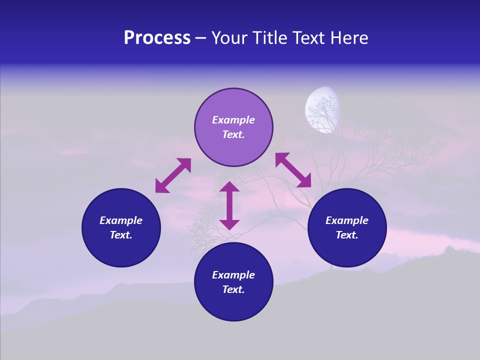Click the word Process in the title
[x=157, y=38]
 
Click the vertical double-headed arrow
[x=229, y=205]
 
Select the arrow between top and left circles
[x=173, y=175]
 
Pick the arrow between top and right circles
[x=293, y=170]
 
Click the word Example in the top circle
[x=233, y=120]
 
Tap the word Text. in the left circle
[x=121, y=235]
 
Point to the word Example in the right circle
[x=347, y=220]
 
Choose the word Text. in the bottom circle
[x=233, y=289]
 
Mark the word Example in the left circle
[x=121, y=220]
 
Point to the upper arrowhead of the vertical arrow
[x=229, y=187]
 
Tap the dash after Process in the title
[x=201, y=38]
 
